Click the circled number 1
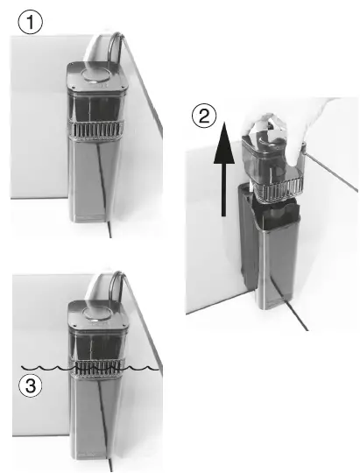32,24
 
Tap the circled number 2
202,114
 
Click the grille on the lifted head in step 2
273,190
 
